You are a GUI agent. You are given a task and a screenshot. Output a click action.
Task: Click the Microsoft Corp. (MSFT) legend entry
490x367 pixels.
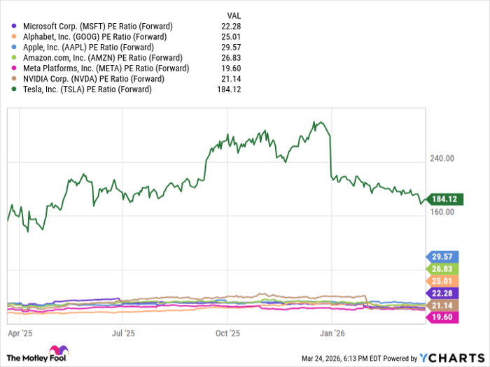[x=97, y=27]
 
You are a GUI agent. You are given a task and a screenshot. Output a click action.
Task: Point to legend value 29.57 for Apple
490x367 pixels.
[x=232, y=48]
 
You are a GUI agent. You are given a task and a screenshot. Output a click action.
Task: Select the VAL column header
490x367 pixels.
[x=235, y=15]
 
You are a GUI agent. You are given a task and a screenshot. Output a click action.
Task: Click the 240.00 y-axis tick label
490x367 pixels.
[x=442, y=159]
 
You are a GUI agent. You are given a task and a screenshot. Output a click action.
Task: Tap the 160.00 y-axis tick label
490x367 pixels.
[x=442, y=213]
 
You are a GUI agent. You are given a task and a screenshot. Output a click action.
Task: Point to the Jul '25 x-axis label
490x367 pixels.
[x=123, y=334]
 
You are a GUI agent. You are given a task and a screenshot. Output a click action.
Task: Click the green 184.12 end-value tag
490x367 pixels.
[x=442, y=199]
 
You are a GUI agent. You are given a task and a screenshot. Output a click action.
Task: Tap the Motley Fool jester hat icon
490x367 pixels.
[x=58, y=351]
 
